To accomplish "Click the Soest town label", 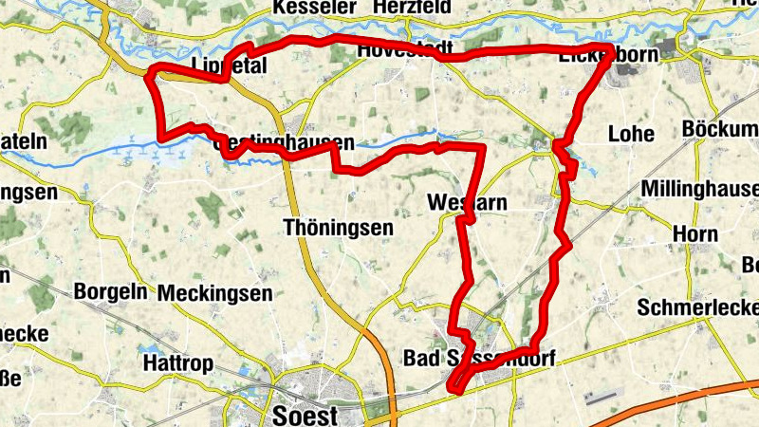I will click(305, 415).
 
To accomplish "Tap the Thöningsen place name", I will click(338, 228).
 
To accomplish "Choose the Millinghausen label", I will click(700, 190).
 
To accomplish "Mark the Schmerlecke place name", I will click(698, 308).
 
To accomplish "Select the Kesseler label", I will click(313, 8).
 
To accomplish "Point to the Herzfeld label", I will click(413, 8).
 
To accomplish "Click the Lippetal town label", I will click(229, 65).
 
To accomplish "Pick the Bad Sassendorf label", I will click(479, 359).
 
